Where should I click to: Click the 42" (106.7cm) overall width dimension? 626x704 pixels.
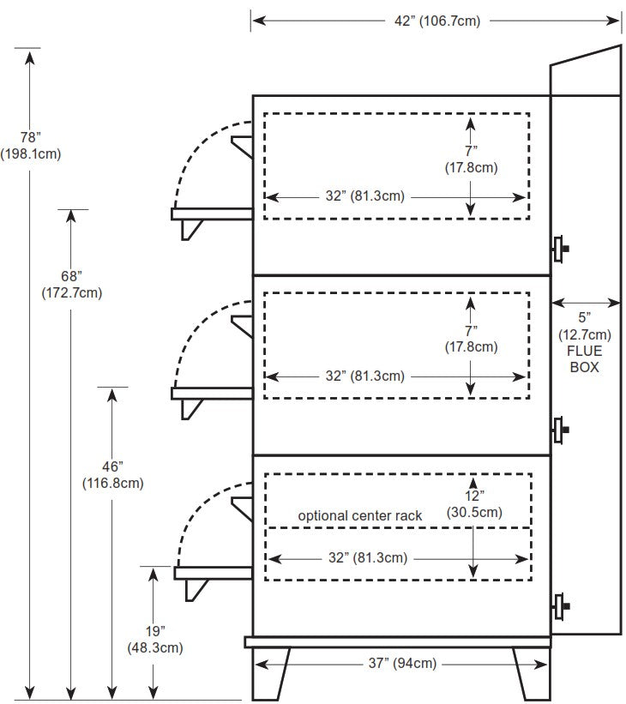[436, 21]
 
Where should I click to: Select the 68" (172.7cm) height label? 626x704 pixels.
[71, 284]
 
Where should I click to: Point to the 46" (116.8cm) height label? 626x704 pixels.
[111, 473]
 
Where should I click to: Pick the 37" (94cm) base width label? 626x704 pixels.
[401, 662]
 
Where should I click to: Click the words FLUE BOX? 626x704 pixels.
[586, 358]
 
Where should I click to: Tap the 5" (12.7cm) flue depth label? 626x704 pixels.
[586, 326]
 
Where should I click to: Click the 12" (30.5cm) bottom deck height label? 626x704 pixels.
[474, 504]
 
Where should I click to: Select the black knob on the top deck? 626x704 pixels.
[563, 249]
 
